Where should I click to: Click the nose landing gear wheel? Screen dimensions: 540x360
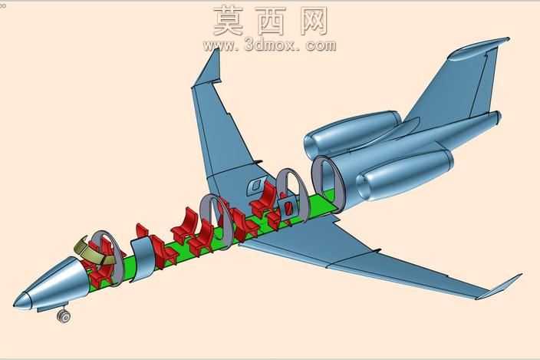(x=64, y=316)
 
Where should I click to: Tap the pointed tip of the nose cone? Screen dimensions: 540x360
(x=14, y=305)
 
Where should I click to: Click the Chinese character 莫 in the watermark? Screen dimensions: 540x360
(x=228, y=21)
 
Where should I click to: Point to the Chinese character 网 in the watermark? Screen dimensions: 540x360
(x=314, y=21)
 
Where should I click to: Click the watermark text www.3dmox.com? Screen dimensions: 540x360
(x=270, y=45)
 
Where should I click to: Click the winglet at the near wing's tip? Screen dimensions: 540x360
(x=499, y=286)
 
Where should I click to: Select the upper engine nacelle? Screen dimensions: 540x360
(x=351, y=134)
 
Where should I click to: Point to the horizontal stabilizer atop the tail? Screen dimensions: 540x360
(x=479, y=48)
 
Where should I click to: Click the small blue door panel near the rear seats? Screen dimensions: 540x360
(x=287, y=207)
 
